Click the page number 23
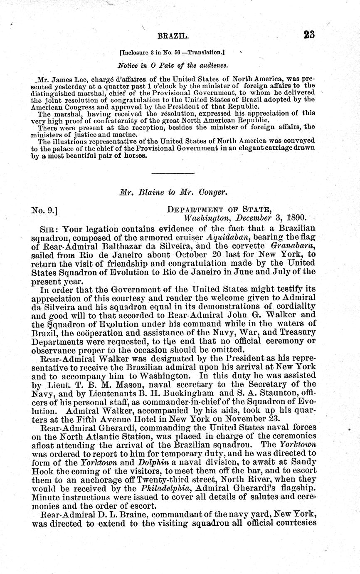[309, 35]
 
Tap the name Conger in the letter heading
[212, 193]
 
